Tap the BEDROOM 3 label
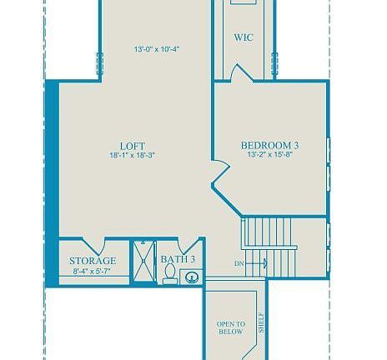point(270,145)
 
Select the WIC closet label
point(244,37)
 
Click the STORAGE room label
point(93,261)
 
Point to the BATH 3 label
point(178,260)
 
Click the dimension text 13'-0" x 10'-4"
point(157,49)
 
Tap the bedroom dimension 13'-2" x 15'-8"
point(270,155)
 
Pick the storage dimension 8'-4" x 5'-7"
point(93,271)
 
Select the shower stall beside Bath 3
point(143,263)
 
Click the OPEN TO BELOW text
point(231,327)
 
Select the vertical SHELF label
point(261,322)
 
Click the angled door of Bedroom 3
point(220,179)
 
